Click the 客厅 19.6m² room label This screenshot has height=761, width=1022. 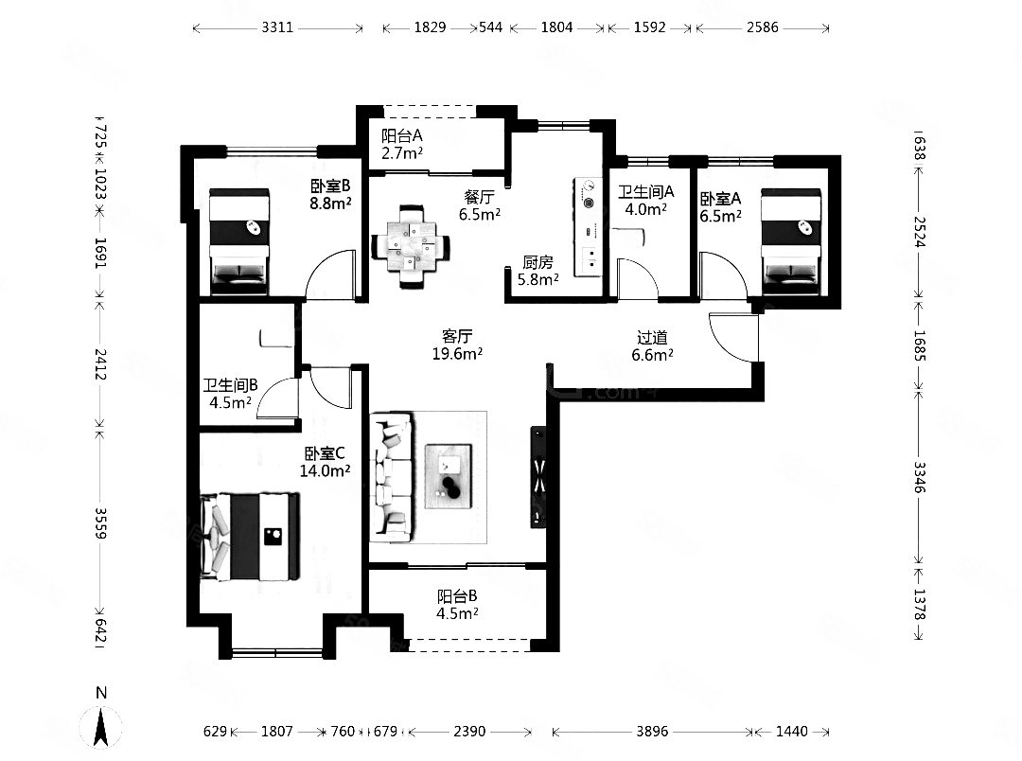pos(457,345)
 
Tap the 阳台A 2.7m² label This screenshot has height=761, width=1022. pos(402,144)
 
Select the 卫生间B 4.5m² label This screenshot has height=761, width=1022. pos(230,394)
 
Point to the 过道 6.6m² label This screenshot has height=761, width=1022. pos(652,346)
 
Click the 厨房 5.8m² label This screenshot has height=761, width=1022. pos(537,271)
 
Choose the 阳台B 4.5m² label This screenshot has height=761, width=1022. pos(457,605)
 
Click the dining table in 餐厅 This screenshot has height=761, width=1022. pos(411,247)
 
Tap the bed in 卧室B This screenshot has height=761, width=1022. pos(238,241)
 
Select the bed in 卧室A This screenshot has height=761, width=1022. pos(790,241)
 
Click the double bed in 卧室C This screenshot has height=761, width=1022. pos(250,536)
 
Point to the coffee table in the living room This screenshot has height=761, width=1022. pos(448,476)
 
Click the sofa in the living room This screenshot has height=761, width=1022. pos(391,477)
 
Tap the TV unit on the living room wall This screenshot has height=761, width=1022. pos(538,477)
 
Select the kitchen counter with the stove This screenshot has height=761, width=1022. pos(588,227)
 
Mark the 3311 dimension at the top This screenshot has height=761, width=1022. pos(277,27)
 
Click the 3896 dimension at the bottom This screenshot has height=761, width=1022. pos(652,731)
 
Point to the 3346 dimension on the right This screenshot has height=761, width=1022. pos(919,477)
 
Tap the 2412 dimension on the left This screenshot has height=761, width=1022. pos(100,363)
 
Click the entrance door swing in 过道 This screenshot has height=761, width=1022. pos(734,337)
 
